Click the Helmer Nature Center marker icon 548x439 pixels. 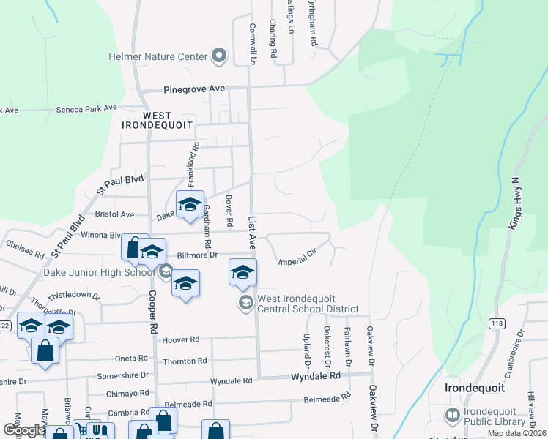point(218,56)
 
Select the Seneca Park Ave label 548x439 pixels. point(86,108)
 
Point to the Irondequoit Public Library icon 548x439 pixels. point(453,416)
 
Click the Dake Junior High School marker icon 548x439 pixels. point(166,273)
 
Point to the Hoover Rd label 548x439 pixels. point(180,339)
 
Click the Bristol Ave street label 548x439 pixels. point(114,214)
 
